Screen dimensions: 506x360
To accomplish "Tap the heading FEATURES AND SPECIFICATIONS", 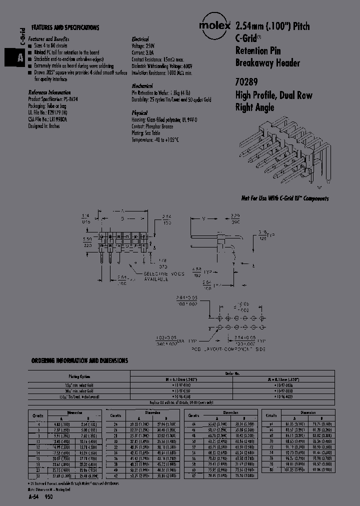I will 65,28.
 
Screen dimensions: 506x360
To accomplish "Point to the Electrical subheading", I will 140,39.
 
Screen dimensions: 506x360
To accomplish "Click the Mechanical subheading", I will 142,86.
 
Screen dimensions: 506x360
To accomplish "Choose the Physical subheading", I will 139,113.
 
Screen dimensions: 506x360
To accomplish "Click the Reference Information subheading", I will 48,92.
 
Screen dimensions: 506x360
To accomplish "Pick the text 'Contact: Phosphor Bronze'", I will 154,127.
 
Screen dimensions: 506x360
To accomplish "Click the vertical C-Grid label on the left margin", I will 21,38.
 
